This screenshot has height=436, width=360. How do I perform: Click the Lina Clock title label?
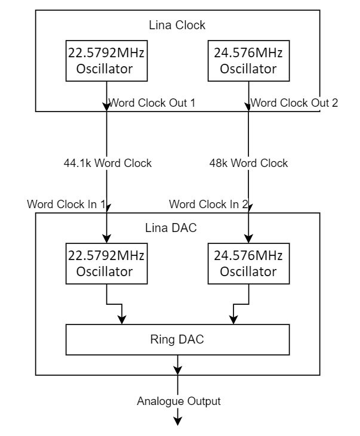177,25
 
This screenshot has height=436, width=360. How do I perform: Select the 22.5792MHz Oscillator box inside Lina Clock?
106,61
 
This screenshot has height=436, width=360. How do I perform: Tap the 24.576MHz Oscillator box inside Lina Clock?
248,61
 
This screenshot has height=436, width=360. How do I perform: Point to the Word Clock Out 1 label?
152,103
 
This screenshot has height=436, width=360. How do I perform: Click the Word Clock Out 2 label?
294,103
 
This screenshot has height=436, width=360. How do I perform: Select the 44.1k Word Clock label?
107,163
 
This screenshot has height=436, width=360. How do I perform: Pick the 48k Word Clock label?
248,163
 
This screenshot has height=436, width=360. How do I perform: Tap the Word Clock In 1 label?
66,204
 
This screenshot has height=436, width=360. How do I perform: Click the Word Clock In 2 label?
208,204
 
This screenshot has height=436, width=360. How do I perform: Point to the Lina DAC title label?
171,228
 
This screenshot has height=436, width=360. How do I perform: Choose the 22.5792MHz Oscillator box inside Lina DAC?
106,264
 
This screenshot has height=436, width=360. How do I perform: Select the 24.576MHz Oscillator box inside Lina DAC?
248,264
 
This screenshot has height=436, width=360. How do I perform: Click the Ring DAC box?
178,339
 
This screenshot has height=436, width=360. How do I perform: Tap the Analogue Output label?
179,401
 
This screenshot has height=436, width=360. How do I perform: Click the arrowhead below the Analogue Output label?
178,421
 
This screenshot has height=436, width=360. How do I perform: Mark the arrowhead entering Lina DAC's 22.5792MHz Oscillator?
107,239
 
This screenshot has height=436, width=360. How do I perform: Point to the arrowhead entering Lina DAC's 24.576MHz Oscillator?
248,239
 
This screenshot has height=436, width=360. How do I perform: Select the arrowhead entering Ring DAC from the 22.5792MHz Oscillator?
122,320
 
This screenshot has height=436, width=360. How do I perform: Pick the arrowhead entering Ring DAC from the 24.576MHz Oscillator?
233,320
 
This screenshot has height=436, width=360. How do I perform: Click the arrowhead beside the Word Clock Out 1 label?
107,107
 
